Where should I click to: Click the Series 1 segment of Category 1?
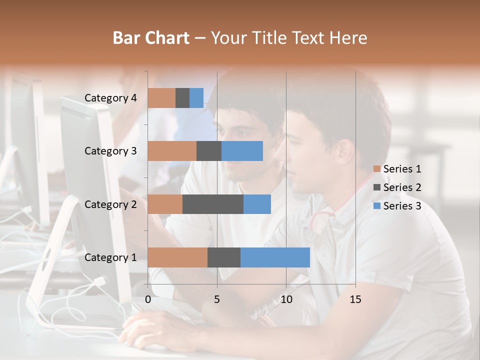(x=177, y=257)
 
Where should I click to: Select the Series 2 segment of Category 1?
(x=223, y=257)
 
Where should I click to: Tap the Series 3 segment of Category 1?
(x=275, y=257)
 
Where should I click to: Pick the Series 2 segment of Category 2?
(x=213, y=204)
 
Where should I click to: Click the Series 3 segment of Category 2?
(x=257, y=204)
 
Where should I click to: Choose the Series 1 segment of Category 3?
(x=172, y=151)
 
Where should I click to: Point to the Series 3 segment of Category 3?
(x=242, y=151)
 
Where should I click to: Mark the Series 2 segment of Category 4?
(x=182, y=98)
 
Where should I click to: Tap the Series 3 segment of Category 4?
(x=196, y=98)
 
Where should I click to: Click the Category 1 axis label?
(x=110, y=257)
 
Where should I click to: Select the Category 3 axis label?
(x=110, y=151)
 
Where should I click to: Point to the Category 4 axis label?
(x=110, y=98)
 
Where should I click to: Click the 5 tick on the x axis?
(x=217, y=299)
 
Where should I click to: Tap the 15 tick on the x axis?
(x=355, y=299)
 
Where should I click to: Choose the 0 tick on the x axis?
(x=148, y=299)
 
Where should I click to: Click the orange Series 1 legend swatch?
(x=376, y=169)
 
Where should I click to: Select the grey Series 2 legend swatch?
(x=376, y=187)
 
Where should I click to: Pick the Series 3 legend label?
(x=402, y=206)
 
